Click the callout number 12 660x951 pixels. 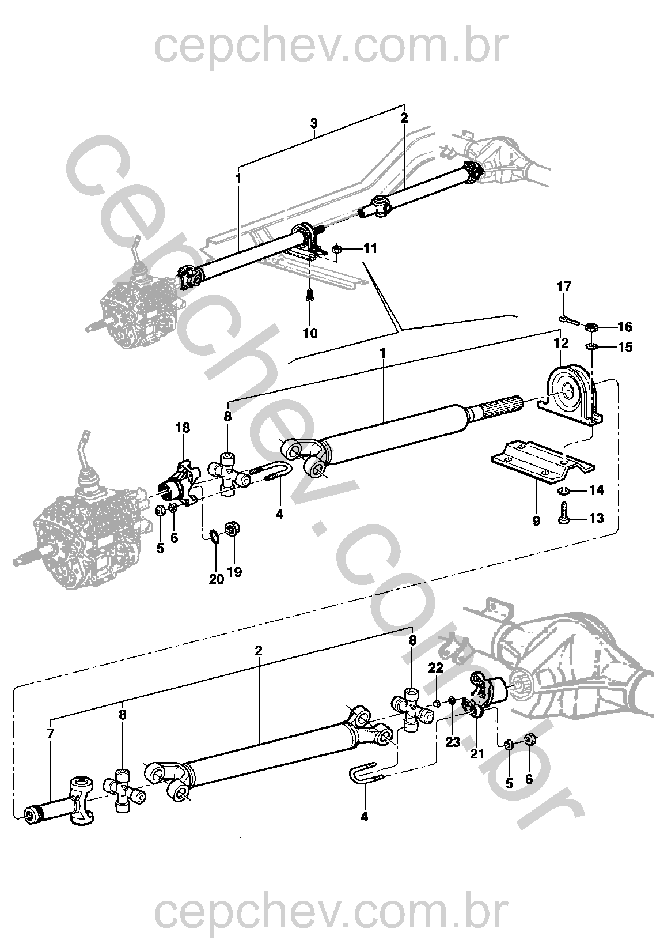(x=561, y=342)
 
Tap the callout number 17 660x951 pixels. (x=564, y=286)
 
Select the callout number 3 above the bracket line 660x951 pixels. (x=313, y=123)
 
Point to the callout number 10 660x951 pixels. (x=310, y=333)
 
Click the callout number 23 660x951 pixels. (x=453, y=742)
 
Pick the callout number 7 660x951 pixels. (x=51, y=733)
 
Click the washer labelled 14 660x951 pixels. (x=563, y=491)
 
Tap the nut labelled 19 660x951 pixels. (x=231, y=529)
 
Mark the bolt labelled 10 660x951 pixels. (x=309, y=295)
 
